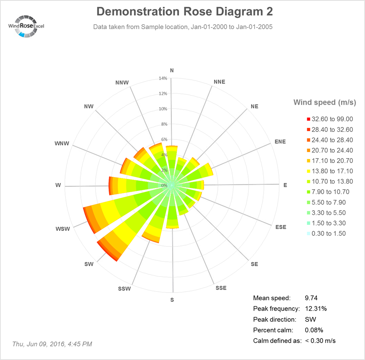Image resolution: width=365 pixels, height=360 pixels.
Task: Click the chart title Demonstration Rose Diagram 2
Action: coord(184,11)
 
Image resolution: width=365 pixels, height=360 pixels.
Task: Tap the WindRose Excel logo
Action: coord(27,26)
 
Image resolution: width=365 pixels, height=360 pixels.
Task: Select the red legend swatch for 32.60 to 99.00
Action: coord(308,119)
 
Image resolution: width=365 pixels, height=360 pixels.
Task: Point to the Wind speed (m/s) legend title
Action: coord(325,102)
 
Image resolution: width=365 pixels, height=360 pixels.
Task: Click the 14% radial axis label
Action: coord(163,78)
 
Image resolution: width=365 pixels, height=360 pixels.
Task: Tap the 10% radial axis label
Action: coord(163,109)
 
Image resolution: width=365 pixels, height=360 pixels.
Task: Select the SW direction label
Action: coord(89,264)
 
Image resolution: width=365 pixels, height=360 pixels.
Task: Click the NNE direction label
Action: coord(219,82)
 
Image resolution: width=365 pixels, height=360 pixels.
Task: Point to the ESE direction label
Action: coord(280,227)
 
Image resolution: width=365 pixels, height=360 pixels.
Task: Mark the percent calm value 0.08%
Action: coord(314,330)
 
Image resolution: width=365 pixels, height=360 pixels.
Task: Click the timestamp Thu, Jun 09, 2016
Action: coord(52,344)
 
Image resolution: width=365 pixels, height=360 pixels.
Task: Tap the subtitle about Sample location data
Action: coord(183,27)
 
